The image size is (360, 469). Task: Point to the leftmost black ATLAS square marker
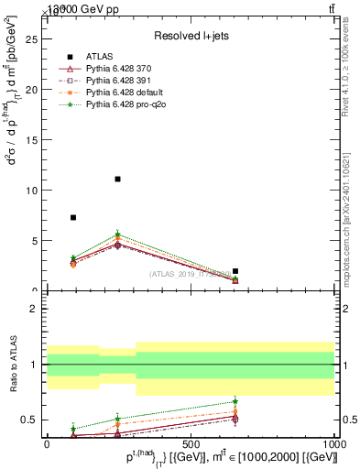tap(73, 217)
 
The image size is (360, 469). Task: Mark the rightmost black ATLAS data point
tap(235, 271)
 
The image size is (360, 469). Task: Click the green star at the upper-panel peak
tap(118, 234)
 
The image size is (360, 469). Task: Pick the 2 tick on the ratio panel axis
tap(35, 309)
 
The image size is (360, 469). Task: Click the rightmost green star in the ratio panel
tap(235, 401)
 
